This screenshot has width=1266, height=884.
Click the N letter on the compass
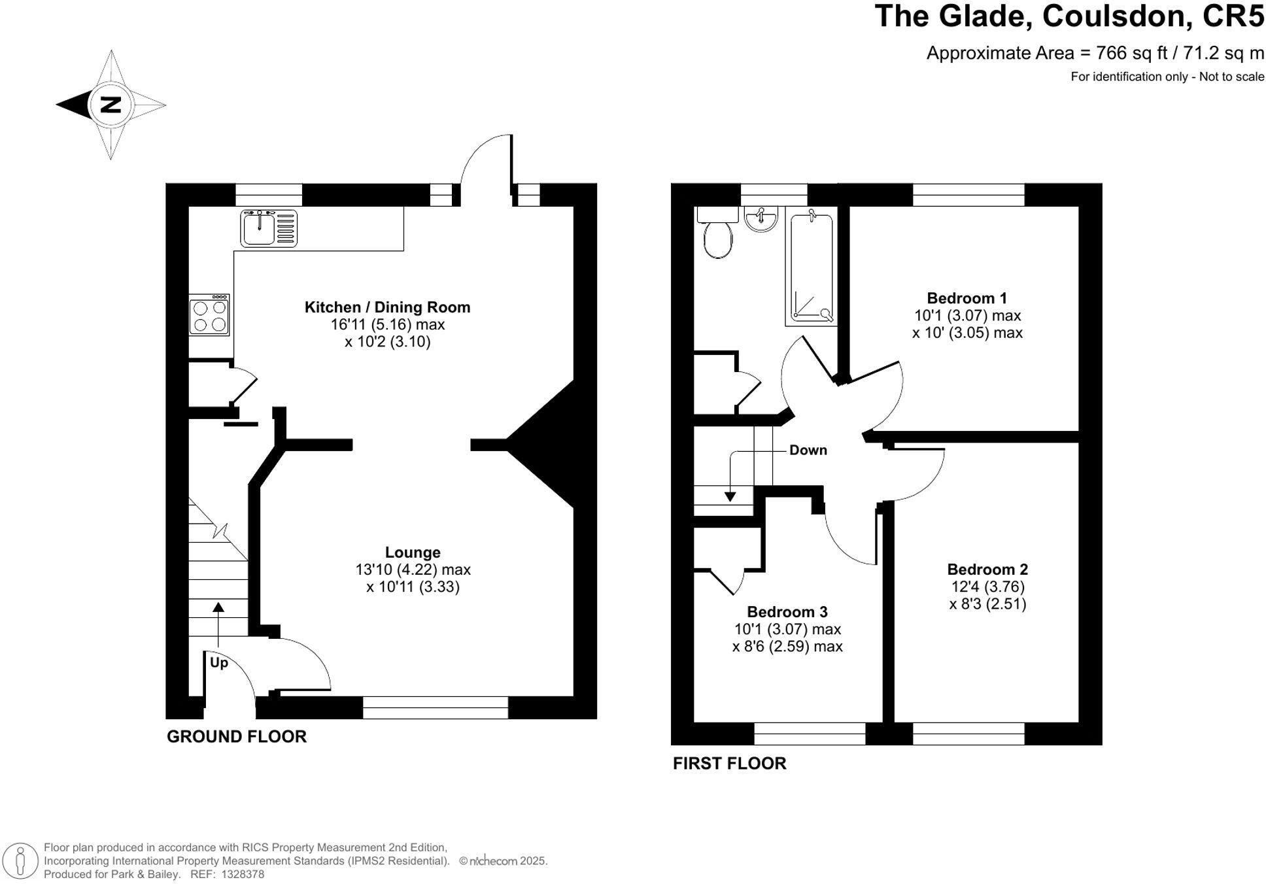click(111, 105)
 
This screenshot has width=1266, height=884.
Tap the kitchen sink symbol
click(268, 228)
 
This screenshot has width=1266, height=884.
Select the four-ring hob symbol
click(209, 316)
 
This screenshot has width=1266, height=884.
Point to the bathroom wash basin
click(761, 218)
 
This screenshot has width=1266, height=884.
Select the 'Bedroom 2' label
click(987, 569)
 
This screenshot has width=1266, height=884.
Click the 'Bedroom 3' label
click(787, 612)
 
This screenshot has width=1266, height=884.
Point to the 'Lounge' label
click(412, 552)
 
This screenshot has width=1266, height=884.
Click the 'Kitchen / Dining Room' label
click(387, 307)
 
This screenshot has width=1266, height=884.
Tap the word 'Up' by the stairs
click(218, 663)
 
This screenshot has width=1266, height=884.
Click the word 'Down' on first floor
click(808, 450)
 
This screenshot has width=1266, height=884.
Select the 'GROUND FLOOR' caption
click(236, 737)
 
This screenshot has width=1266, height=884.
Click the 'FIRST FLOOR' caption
click(729, 764)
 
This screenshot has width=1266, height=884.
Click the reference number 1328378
click(243, 874)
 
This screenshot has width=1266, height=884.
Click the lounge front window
click(435, 707)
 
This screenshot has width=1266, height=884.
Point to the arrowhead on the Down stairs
click(730, 497)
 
